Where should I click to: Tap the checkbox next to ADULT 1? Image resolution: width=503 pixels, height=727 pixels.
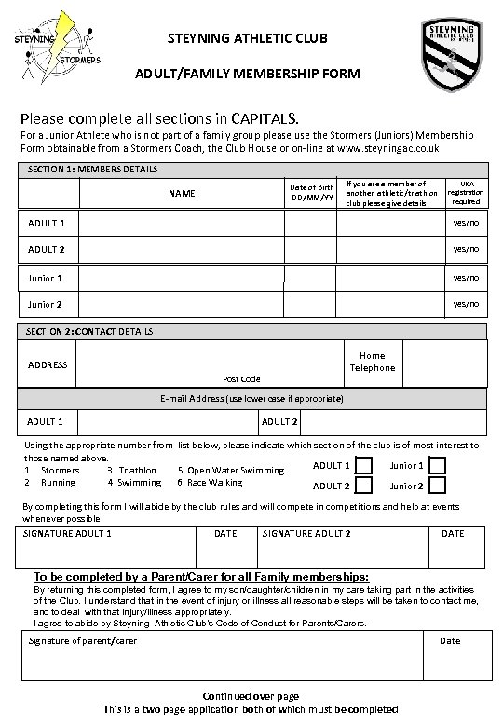point(365,466)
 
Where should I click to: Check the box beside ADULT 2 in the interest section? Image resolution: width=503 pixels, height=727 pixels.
point(365,486)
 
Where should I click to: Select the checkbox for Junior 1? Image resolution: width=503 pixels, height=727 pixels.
point(438,466)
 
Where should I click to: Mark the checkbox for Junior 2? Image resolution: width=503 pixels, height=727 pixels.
point(438,486)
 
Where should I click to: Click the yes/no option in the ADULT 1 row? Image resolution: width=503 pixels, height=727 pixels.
point(465,224)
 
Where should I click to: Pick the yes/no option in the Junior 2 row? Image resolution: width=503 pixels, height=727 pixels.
point(465,304)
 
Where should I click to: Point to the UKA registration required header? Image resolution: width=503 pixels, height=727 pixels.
point(465,193)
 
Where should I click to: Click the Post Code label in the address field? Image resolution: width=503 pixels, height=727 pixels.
point(241,379)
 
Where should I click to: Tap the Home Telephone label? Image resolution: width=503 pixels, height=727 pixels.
point(372,362)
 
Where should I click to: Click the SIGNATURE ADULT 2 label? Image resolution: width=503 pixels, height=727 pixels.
point(306,534)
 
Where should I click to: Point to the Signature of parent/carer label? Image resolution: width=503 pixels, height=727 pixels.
point(82,641)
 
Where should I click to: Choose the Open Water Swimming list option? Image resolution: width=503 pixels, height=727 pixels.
point(224,471)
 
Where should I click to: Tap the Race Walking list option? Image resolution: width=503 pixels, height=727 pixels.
point(209,483)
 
